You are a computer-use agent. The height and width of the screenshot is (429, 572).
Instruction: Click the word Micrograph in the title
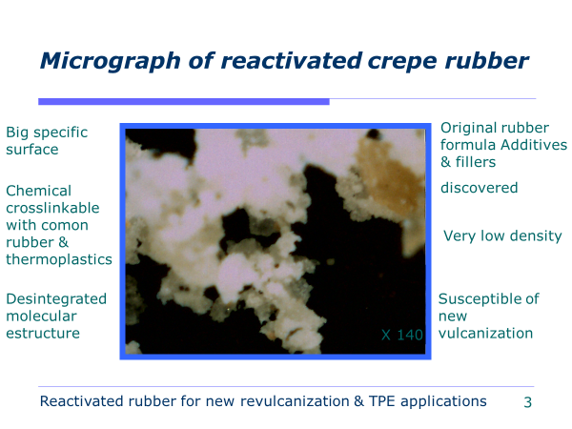pos(111,61)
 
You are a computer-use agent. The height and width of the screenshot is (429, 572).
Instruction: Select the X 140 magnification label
pos(402,335)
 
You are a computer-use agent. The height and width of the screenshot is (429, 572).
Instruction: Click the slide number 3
pos(527,402)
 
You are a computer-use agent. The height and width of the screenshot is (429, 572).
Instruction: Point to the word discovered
pos(479,188)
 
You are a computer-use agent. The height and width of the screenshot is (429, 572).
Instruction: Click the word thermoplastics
pos(59,259)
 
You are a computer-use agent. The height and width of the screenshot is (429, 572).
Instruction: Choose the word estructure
pos(43,333)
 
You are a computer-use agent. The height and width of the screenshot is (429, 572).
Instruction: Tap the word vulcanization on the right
pos(485,333)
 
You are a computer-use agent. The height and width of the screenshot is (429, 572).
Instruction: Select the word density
pos(536,236)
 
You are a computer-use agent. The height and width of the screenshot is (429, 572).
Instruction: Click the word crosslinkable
pos(52,208)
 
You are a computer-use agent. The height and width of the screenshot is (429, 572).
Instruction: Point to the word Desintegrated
pos(56,299)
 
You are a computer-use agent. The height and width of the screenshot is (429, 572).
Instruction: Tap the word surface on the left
pos(32,150)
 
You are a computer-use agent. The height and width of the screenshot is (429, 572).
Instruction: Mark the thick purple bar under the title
pos(184,102)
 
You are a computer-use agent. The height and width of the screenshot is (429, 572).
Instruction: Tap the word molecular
pos(41,316)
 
